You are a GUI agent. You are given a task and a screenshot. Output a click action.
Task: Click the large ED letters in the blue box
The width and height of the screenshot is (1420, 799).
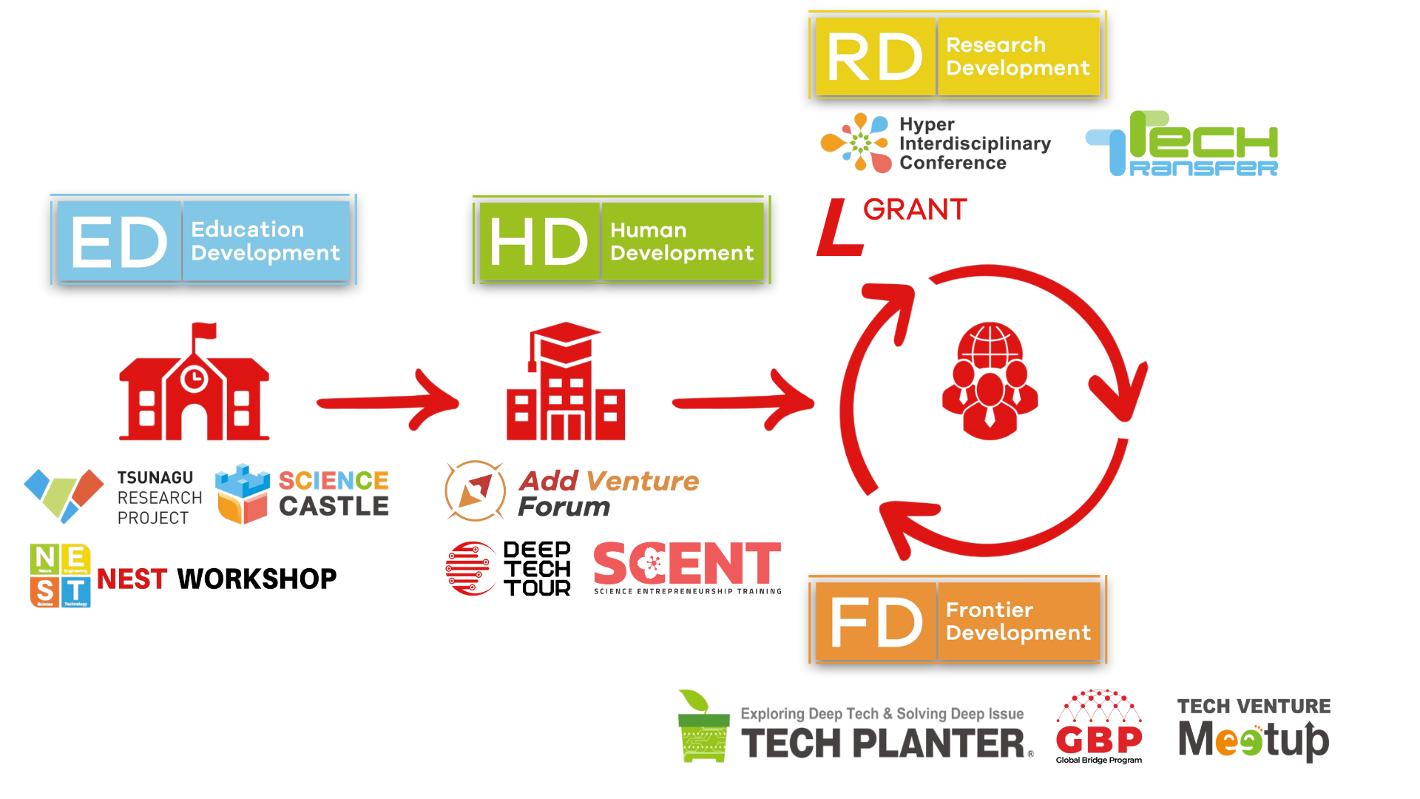[119, 242]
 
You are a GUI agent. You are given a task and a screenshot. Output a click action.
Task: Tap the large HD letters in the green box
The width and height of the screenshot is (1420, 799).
[538, 242]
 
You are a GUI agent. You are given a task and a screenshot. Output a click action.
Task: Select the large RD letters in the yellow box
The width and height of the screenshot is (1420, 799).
[874, 57]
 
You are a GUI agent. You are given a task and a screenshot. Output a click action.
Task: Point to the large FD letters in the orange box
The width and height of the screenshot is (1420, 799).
[876, 622]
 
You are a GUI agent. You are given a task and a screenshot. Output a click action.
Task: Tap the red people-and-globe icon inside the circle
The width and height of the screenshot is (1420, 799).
[990, 380]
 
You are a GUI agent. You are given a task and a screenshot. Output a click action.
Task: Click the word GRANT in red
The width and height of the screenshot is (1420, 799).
[915, 210]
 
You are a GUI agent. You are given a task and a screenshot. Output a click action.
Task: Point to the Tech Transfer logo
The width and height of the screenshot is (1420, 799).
[1182, 144]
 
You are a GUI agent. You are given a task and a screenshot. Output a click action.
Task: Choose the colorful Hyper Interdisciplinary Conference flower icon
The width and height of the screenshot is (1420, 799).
[856, 142]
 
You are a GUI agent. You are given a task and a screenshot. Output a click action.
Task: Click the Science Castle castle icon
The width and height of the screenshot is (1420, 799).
[243, 493]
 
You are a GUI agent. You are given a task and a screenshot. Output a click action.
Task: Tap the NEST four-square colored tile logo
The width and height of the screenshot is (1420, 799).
[60, 576]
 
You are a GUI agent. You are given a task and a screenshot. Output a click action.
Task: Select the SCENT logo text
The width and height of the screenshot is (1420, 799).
[687, 564]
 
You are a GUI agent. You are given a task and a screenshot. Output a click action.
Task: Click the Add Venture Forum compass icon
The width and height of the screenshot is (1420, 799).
[475, 490]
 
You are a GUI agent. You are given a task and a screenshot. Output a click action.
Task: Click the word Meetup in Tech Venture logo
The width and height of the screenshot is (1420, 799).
[1253, 740]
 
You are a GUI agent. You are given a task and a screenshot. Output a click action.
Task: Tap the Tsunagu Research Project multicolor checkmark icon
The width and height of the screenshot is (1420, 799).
[64, 494]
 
